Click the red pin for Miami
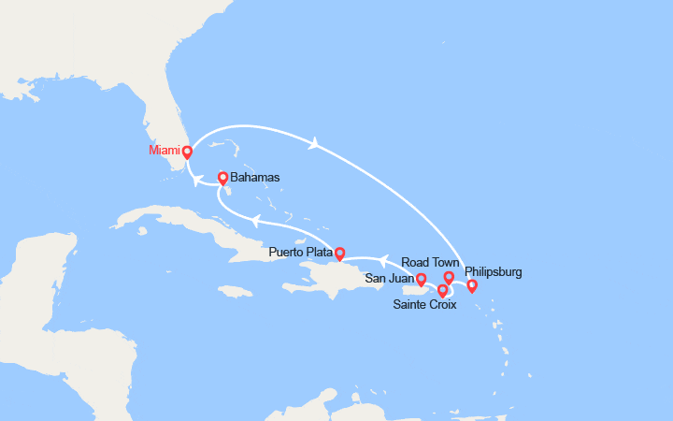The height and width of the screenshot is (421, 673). pyautogui.click(x=187, y=152)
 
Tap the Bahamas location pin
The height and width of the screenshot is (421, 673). pyautogui.click(x=223, y=177)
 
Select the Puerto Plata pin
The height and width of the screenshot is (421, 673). pyautogui.click(x=339, y=253)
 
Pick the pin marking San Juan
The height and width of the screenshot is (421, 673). pyautogui.click(x=421, y=279)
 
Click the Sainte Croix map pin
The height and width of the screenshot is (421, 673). pyautogui.click(x=442, y=290)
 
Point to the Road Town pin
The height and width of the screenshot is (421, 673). pyautogui.click(x=449, y=277)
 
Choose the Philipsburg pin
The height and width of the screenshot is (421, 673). pyautogui.click(x=472, y=285)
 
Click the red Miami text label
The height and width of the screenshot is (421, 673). pyautogui.click(x=164, y=151)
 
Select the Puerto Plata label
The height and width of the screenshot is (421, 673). pyautogui.click(x=299, y=253)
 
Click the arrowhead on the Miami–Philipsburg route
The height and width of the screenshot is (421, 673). pyautogui.click(x=315, y=143)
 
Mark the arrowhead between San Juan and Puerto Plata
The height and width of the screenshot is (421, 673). pyautogui.click(x=383, y=257)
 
